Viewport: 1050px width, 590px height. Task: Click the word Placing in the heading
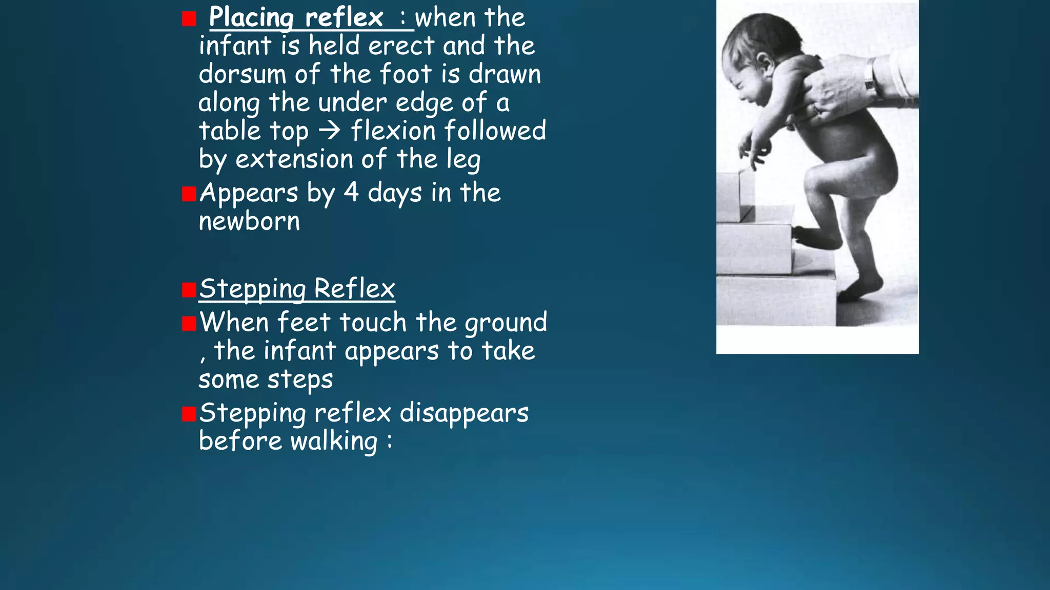(251, 18)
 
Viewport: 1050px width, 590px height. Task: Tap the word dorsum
(241, 74)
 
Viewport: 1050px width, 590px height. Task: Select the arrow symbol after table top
(330, 131)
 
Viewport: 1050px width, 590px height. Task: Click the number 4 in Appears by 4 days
(351, 193)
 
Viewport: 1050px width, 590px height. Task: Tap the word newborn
(249, 221)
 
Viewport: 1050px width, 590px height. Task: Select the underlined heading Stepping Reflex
(297, 288)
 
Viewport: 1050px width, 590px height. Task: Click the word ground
(506, 323)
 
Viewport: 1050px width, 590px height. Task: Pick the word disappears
(464, 413)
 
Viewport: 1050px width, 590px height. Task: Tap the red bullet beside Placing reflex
(189, 19)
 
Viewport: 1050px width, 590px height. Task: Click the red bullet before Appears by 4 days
(189, 194)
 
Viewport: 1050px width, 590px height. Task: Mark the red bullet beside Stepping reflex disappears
(189, 414)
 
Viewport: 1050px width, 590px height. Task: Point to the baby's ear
(765, 64)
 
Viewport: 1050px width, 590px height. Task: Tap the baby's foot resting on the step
(815, 238)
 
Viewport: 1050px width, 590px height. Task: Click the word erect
(401, 46)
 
